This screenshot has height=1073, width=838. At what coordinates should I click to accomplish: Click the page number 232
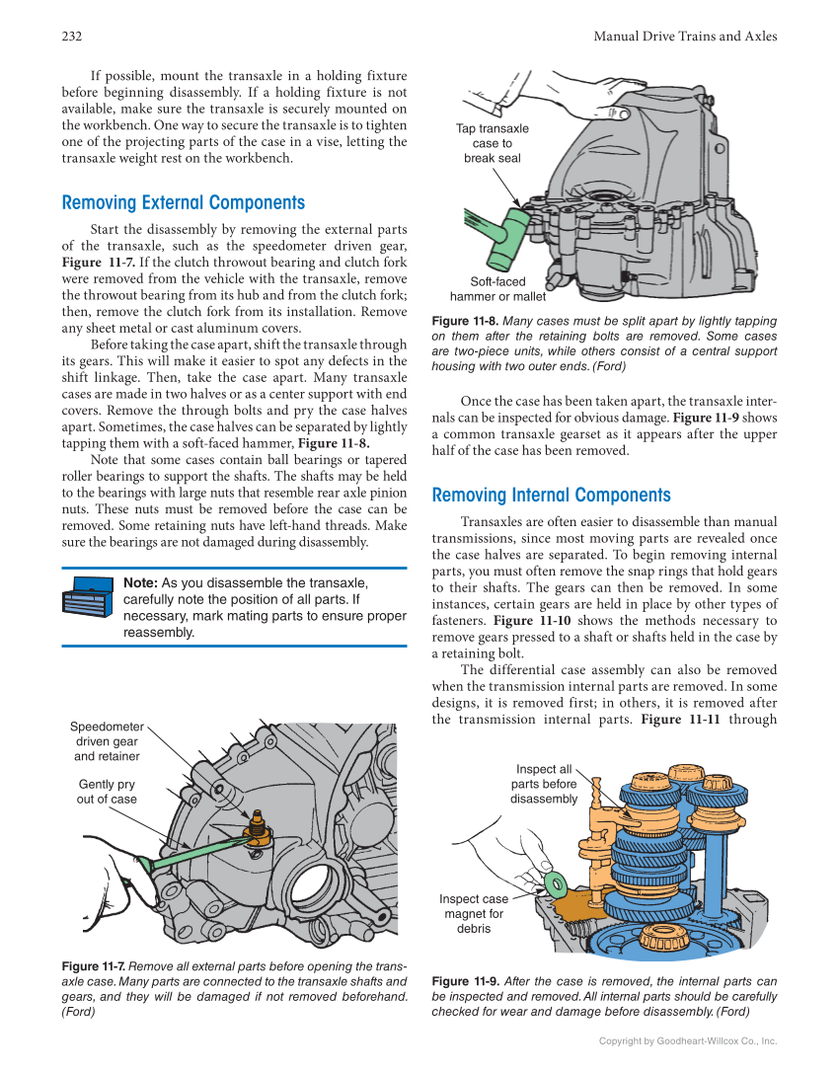click(x=71, y=37)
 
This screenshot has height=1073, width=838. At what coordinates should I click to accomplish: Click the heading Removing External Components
click(x=184, y=203)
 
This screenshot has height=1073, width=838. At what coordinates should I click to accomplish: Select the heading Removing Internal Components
click(x=551, y=496)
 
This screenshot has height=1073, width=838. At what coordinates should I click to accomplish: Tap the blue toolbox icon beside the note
click(x=88, y=601)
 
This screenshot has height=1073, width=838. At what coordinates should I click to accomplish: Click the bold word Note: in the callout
click(x=140, y=583)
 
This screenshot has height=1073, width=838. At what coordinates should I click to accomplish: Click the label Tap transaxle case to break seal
click(x=492, y=143)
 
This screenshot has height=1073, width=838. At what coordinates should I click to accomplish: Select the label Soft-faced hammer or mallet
click(x=497, y=288)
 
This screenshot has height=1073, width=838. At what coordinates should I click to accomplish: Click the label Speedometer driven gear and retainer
click(x=107, y=741)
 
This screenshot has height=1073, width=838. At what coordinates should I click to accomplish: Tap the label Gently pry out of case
click(x=107, y=792)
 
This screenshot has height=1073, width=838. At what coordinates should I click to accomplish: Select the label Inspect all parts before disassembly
click(x=543, y=784)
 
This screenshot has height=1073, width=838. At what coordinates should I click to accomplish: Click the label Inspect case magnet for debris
click(x=474, y=913)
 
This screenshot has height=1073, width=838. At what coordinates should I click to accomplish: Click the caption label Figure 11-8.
click(x=465, y=322)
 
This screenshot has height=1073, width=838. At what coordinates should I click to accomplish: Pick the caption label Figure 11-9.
click(x=465, y=982)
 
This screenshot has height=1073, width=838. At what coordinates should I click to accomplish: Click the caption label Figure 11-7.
click(x=93, y=966)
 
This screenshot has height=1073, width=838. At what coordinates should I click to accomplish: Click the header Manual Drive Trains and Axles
click(x=685, y=37)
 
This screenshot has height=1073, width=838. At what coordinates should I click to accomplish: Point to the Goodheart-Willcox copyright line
click(x=688, y=1040)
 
